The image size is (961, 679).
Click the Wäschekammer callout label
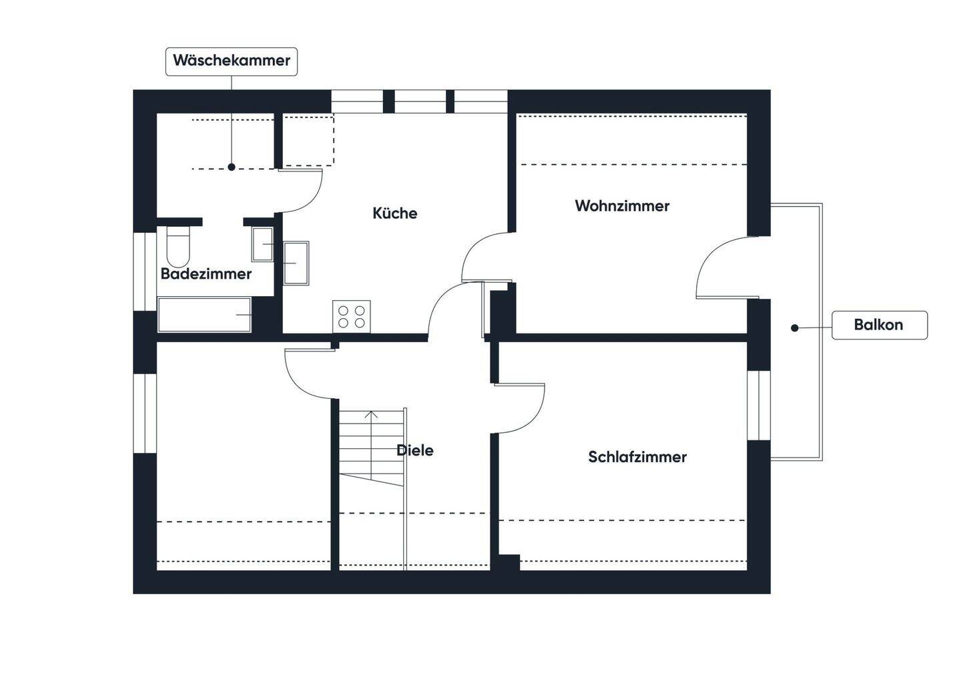231,61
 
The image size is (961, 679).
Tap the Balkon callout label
879,325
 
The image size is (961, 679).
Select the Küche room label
394,213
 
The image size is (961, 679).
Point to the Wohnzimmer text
622,205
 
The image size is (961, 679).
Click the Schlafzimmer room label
637,457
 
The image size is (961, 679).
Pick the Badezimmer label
206,273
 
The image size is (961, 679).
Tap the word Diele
414,450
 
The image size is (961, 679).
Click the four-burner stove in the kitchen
352,316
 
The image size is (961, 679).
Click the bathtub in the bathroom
204,315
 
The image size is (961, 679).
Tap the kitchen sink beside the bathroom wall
296,263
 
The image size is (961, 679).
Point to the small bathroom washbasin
262,244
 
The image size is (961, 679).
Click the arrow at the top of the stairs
372,415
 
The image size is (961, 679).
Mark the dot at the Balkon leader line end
794,327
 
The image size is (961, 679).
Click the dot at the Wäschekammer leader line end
232,167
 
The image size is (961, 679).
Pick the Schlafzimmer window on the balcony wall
758,405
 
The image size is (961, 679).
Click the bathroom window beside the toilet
145,271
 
